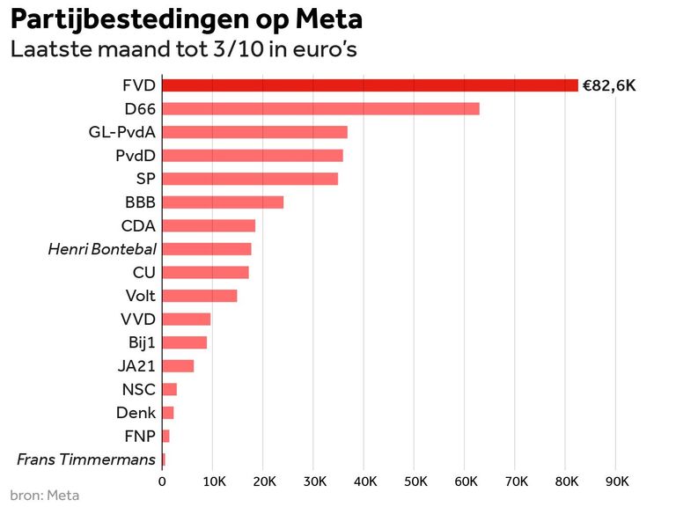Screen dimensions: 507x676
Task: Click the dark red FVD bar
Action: tap(370, 85)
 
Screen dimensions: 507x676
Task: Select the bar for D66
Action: tap(320, 109)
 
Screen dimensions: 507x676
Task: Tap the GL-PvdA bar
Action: tap(254, 132)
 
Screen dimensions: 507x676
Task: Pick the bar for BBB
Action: tap(223, 202)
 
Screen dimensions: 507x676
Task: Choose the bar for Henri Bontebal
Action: tap(207, 249)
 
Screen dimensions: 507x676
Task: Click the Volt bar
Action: tap(200, 296)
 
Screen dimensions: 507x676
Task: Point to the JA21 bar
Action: tap(178, 366)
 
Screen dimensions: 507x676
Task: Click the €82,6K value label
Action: tap(608, 86)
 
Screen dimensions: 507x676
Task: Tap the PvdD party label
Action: tap(136, 156)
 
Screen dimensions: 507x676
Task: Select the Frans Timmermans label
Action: tap(86, 459)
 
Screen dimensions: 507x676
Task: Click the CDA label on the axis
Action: tap(138, 225)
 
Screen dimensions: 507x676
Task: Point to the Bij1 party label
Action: tap(142, 342)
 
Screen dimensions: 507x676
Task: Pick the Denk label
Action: tap(136, 413)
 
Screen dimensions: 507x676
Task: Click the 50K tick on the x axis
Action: tap(415, 481)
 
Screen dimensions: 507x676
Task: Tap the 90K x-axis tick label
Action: tap(618, 481)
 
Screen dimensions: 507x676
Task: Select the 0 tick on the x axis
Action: tap(162, 481)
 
